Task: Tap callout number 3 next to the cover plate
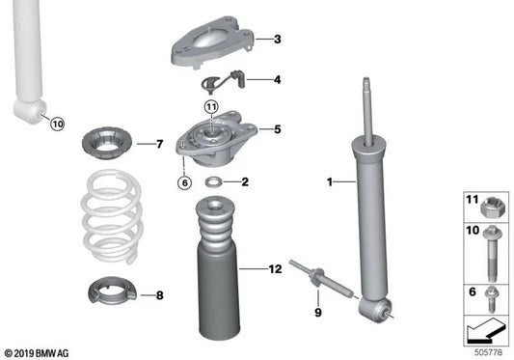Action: (277, 40)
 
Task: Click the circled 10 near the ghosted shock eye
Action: (56, 124)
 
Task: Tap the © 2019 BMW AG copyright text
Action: (40, 353)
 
